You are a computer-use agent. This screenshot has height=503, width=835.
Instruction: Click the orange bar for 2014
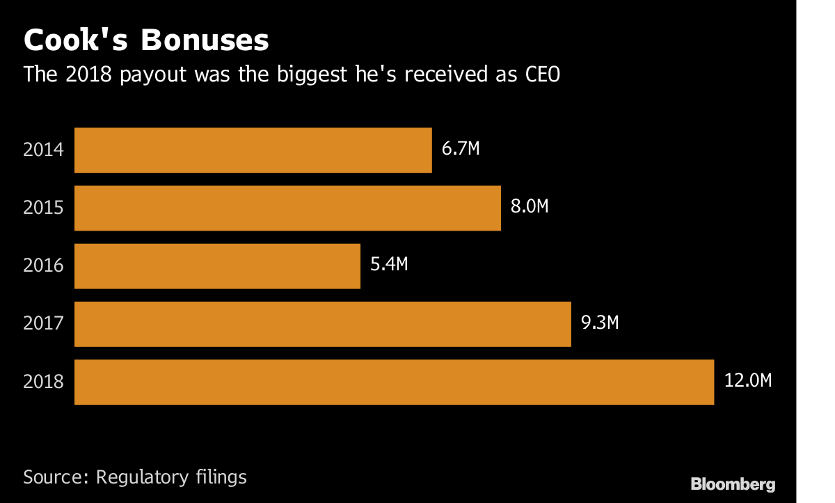(x=253, y=150)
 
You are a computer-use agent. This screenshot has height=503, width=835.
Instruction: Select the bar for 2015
(x=287, y=208)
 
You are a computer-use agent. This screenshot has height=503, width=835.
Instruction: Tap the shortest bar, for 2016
(x=217, y=265)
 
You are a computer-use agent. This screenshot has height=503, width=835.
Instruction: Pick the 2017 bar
(x=322, y=323)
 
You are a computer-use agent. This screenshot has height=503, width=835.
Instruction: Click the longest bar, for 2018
(x=394, y=382)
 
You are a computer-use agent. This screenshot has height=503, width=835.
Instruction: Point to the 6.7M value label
(x=461, y=148)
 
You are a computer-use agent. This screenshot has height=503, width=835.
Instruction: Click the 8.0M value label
(x=530, y=207)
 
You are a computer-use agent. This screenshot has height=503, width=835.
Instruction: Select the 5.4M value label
(x=389, y=265)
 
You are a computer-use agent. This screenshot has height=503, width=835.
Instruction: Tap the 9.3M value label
(x=600, y=323)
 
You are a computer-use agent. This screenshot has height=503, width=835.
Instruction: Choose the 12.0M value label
(x=747, y=380)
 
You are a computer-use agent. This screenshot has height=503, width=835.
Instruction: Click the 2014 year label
(x=43, y=150)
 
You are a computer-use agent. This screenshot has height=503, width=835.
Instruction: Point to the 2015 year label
(x=43, y=208)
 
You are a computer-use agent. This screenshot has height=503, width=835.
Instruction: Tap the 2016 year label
(x=43, y=265)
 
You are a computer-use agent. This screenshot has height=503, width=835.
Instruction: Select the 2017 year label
(x=43, y=323)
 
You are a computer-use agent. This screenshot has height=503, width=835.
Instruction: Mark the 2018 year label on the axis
(x=43, y=382)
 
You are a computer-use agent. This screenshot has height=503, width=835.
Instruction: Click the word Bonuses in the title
(x=205, y=40)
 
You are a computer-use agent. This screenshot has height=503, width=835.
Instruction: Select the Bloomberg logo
(x=733, y=483)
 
